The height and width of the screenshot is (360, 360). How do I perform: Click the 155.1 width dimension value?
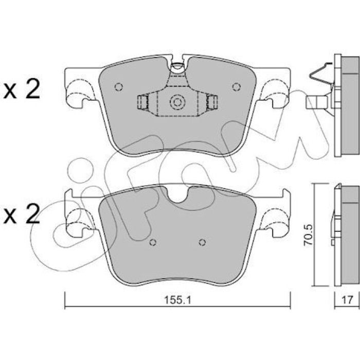tap(177, 300)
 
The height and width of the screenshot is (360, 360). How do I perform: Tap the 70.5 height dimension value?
tap(308, 235)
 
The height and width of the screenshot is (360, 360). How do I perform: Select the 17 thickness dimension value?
tap(347, 300)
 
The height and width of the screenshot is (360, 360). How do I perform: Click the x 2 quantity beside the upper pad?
tap(22, 89)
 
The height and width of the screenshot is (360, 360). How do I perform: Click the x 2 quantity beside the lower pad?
tap(22, 214)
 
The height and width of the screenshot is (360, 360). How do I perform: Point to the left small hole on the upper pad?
tap(118, 86)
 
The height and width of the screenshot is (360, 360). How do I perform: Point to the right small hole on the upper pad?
tap(236, 86)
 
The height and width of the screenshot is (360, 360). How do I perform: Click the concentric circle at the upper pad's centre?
tap(177, 102)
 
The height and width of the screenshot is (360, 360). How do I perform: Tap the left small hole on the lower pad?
tap(153, 242)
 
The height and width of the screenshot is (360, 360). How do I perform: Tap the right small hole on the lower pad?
tap(202, 242)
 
